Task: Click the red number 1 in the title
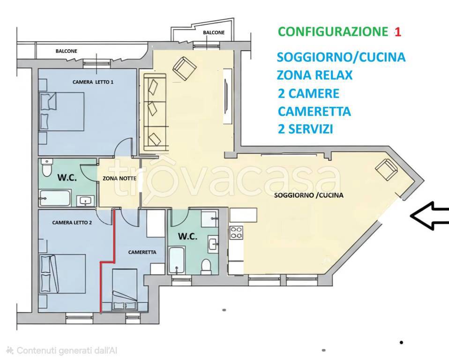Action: (x=397, y=32)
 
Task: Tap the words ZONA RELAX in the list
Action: (x=314, y=75)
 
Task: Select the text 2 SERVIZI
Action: (x=305, y=129)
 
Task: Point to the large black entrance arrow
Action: (x=429, y=216)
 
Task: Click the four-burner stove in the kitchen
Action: (x=236, y=232)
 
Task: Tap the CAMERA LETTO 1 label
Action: (x=93, y=82)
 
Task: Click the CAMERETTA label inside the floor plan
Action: (x=142, y=252)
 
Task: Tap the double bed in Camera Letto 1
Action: (x=62, y=111)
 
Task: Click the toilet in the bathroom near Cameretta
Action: (x=206, y=266)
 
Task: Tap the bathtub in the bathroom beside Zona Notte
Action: (x=55, y=198)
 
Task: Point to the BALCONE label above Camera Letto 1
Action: (x=66, y=51)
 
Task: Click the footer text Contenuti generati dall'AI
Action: (x=61, y=351)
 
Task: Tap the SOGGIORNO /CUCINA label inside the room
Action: (x=308, y=195)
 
